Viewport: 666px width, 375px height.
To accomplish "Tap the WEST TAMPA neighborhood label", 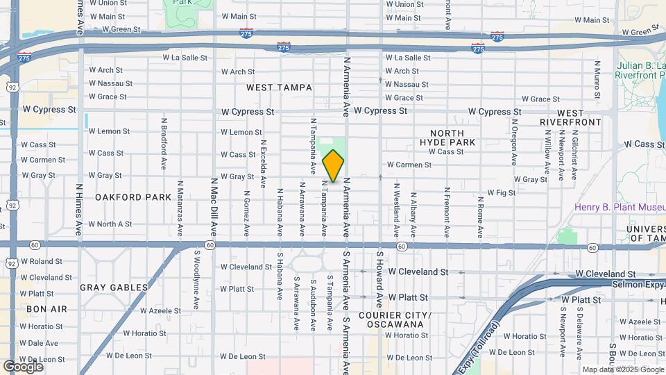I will tap(280, 88).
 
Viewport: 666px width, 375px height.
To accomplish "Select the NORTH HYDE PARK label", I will tap(452, 137).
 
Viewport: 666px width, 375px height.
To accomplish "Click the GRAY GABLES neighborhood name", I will tap(114, 287).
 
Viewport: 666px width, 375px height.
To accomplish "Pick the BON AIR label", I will tap(46, 308).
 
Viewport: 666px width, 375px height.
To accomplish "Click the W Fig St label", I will tap(501, 192).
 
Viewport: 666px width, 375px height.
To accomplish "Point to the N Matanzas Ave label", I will tap(180, 206).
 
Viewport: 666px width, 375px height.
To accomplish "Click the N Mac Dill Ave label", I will tap(214, 206).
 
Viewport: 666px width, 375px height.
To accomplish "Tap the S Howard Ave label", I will tap(380, 279).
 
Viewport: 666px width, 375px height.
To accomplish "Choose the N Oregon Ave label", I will tap(514, 142).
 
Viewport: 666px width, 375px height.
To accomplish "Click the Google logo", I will tap(24, 366).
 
